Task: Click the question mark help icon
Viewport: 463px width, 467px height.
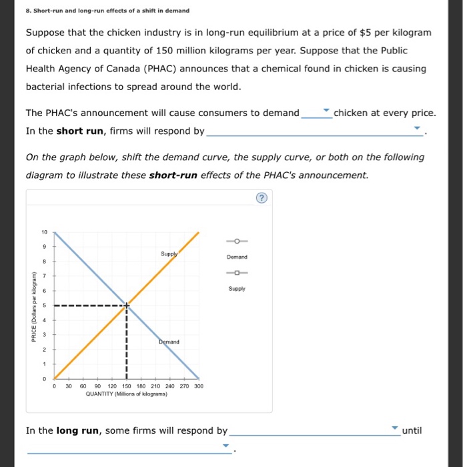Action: point(261,197)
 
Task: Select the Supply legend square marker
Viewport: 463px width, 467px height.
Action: point(238,273)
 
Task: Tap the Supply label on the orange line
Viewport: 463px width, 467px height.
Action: point(168,254)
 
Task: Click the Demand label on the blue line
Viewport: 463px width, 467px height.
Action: point(169,342)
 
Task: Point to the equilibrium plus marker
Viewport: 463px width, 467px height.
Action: point(126,306)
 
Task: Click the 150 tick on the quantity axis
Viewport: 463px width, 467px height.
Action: point(126,386)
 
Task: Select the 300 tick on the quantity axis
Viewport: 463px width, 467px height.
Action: point(198,386)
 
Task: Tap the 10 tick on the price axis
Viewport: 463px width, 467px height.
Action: point(44,233)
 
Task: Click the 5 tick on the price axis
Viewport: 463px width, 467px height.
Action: point(44,306)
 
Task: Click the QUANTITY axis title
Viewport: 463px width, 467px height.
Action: point(126,394)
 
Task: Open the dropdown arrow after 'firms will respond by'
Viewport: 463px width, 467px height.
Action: point(417,128)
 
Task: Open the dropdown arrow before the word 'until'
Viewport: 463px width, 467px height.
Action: point(394,428)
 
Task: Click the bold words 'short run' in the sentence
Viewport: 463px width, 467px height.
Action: point(79,131)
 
